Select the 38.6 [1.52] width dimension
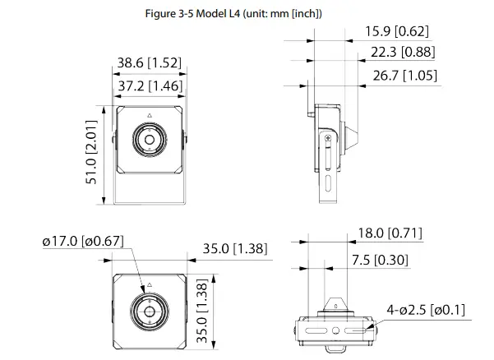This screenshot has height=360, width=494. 149,62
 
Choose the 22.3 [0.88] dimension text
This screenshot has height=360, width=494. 403,53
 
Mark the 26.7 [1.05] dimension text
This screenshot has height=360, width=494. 404,76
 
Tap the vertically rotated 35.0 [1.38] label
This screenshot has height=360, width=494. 202,313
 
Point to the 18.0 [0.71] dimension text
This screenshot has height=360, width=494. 390,234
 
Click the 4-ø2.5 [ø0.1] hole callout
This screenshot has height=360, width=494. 427,310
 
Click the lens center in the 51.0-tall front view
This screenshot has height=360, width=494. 149,140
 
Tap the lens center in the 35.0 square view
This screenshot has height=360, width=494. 149,313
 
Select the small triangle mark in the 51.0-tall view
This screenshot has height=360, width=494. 149,115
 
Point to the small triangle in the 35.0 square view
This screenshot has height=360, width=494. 149,288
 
